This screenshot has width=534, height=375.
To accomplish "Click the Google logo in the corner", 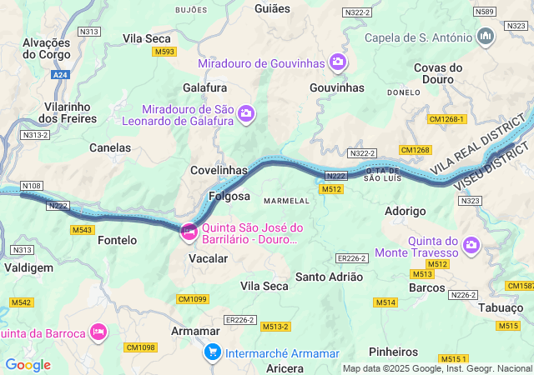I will point(28,365).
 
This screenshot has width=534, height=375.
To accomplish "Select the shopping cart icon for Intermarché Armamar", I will point(213,352).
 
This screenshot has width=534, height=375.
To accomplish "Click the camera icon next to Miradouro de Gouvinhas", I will point(338,62).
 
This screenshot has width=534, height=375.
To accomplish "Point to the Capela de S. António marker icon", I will point(486,37).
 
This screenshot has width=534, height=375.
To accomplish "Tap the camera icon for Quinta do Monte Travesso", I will point(471,245).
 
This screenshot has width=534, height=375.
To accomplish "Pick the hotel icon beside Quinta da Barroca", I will point(98,332).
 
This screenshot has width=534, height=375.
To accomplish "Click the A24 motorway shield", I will point(59,74).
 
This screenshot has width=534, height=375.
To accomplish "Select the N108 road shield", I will point(32,186).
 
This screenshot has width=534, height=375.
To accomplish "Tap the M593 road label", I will point(164,52).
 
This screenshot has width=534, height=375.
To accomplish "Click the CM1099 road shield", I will point(192,298).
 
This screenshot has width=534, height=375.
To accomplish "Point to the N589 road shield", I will point(484,12).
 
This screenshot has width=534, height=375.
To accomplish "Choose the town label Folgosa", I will point(229,197).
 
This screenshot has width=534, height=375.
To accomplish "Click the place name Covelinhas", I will point(219,170).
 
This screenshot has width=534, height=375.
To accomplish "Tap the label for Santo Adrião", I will point(330,276).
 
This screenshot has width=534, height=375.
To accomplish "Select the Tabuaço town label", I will point(501,307).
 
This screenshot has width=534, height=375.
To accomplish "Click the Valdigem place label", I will point(28,267).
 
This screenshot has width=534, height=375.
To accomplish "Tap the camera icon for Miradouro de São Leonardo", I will point(246,112).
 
